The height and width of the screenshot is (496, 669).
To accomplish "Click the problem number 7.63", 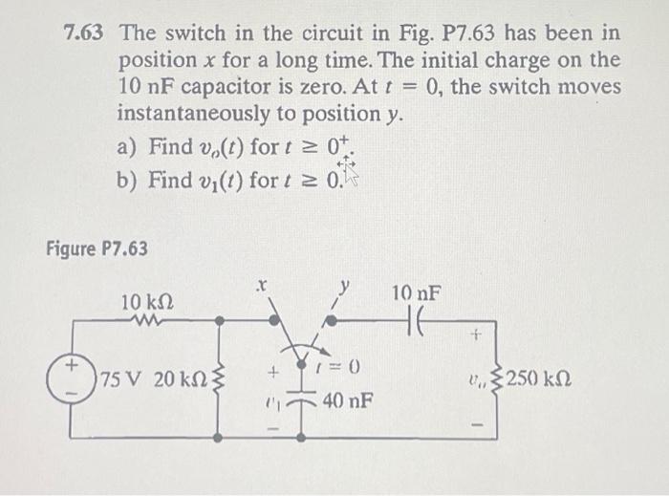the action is point(86,33).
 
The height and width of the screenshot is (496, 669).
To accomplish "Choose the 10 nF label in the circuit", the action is point(416,293).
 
